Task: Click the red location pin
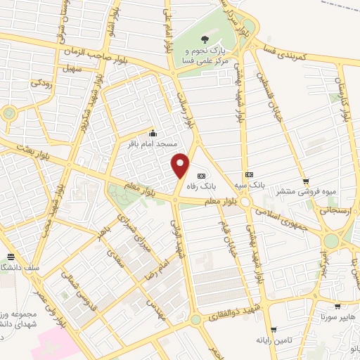181,165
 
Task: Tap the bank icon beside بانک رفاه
202,175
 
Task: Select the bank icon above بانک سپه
248,174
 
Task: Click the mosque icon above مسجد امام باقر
153,133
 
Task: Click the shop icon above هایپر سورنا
338,307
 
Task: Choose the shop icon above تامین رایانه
274,329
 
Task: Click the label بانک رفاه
201,187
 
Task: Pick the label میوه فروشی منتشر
304,191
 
